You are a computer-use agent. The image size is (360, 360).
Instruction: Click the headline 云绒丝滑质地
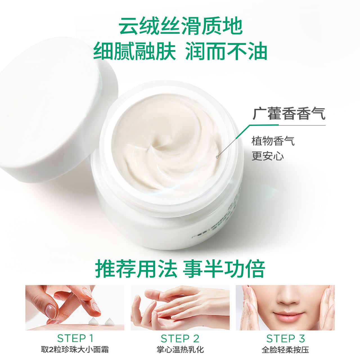[180, 26]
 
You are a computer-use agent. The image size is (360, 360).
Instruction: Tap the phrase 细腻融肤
[134, 51]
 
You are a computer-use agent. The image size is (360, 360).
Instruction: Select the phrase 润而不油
[226, 51]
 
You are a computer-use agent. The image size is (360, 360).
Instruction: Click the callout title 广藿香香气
[289, 114]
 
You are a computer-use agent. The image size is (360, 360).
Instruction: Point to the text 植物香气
[273, 141]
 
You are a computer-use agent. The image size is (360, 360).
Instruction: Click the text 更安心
[267, 156]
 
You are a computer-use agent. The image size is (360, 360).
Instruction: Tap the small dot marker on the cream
[217, 157]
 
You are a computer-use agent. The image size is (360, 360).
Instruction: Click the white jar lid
[53, 107]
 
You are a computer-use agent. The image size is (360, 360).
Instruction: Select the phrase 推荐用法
[136, 269]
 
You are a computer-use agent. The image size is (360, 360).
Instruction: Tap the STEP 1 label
[75, 338]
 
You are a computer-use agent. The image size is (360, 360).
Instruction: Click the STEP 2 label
[180, 338]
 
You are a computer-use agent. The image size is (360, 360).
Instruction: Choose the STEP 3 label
[285, 338]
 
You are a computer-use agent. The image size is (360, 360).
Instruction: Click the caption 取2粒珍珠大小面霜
[75, 350]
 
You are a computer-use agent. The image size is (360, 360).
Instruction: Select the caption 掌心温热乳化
[180, 350]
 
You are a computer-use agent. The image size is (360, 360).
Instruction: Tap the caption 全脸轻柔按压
[285, 350]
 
